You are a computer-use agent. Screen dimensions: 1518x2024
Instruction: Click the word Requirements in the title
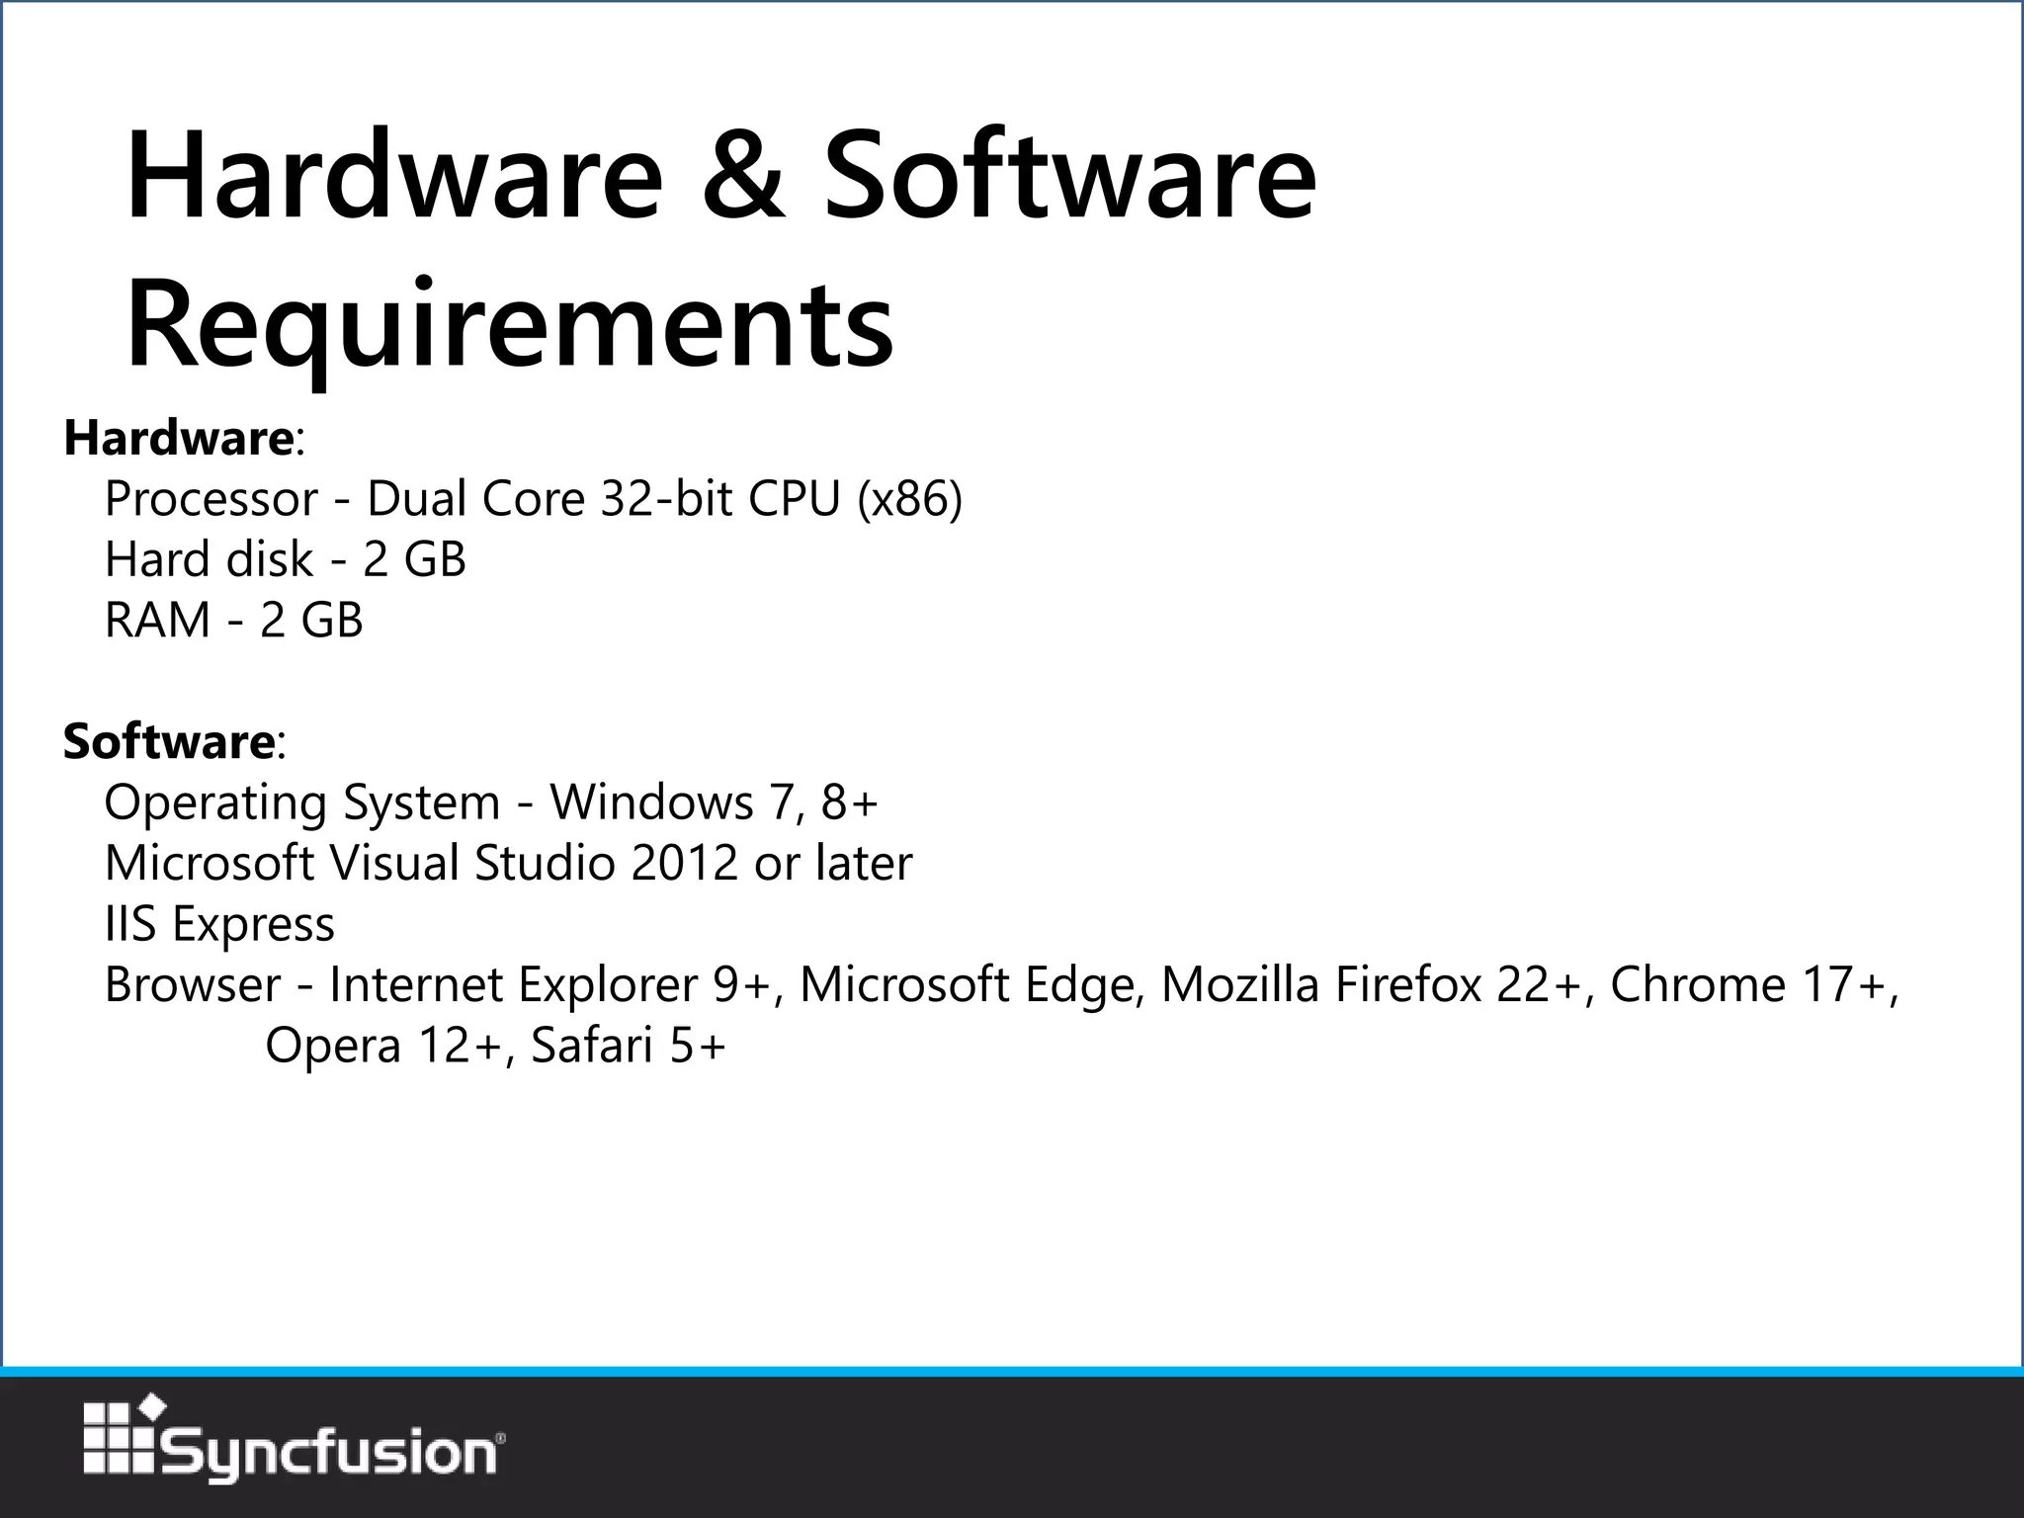pos(510,324)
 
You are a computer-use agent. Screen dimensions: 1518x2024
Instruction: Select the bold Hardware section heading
pos(178,438)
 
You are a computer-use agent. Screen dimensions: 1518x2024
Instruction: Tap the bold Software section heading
pos(168,741)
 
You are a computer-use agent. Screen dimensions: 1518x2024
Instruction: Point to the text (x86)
pos(909,499)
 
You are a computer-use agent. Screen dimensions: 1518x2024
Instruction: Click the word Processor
pos(211,499)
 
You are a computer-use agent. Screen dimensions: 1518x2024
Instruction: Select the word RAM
pos(157,621)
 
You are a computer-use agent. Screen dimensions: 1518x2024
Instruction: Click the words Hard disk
pos(209,559)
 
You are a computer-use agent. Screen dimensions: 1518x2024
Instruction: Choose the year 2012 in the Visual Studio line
pos(684,863)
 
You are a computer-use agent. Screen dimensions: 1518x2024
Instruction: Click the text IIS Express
pos(219,924)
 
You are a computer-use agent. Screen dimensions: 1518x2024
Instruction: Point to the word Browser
pos(193,985)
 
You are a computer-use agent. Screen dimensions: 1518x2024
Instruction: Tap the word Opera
pos(332,1046)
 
